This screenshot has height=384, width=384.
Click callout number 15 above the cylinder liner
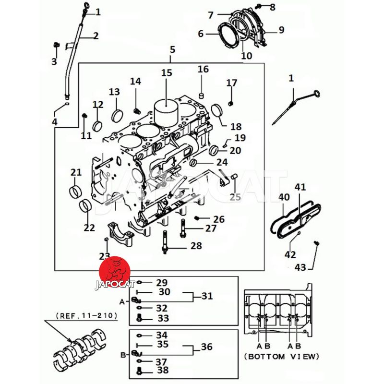tap(166, 73)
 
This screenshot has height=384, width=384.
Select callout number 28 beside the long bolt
tap(196, 246)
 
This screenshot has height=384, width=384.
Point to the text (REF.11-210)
tap(87, 316)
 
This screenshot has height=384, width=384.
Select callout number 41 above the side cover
tap(300, 187)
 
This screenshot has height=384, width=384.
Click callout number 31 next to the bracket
tap(207, 296)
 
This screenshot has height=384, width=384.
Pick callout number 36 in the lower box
tap(207, 347)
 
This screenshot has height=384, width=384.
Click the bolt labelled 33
tap(140, 318)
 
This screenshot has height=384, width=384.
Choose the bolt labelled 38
tap(140, 370)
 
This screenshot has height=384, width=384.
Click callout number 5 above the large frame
tap(172, 49)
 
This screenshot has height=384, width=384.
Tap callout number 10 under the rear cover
tap(246, 56)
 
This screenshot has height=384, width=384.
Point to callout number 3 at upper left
tap(54, 61)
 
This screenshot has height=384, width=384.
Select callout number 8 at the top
tap(273, 7)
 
